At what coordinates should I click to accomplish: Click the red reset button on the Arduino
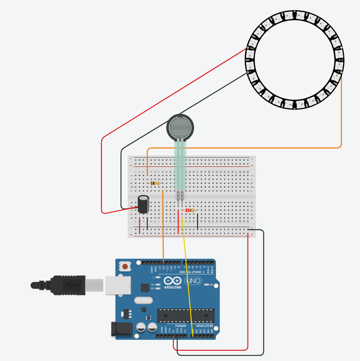pos(126,266)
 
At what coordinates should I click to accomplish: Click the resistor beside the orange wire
pos(155,183)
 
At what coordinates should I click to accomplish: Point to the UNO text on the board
pos(193,281)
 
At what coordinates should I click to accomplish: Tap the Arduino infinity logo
pos(172,281)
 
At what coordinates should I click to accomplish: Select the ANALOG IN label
pos(204,326)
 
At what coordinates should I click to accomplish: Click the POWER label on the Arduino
pos(181,326)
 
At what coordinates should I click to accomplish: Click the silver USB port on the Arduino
pos(118,285)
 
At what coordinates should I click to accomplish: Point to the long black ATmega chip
pos(186,315)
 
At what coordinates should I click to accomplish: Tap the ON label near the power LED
pos(211,285)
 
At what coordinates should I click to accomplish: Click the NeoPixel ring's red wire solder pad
pos(247,48)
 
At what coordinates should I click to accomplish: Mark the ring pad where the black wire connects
pos(247,72)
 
